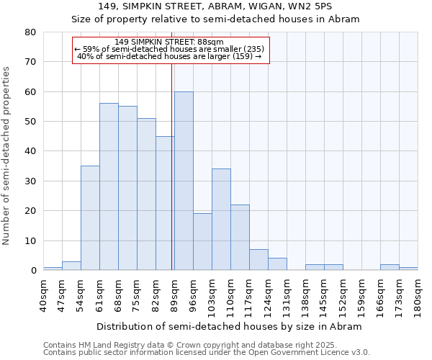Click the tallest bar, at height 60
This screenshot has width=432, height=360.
pos(184,181)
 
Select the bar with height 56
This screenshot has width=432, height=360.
pos(109,186)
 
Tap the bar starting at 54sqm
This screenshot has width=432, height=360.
pos(90,218)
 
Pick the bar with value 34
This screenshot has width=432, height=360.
pos(221,220)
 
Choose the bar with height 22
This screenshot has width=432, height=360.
pos(240,238)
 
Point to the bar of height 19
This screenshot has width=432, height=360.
pos(202,242)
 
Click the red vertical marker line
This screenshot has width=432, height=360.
pos(172,166)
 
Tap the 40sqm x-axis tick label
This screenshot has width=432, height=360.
pos(43,294)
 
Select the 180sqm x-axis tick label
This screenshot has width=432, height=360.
pos(418,294)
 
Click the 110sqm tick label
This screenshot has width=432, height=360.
pos(230,294)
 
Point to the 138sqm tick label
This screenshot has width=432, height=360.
pos(305,294)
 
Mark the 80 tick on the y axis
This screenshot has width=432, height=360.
pos(30,32)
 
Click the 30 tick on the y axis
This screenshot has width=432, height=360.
pos(30,181)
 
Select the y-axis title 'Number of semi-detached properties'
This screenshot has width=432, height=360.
pos(7,156)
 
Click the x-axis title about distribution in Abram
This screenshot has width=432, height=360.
pos(229,326)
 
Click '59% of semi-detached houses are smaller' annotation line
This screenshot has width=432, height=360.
pos(170,49)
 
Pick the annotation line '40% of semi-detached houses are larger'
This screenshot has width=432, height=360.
pos(170,56)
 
